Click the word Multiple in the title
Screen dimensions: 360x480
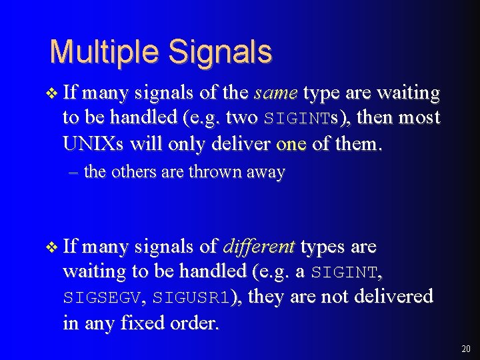pyautogui.click(x=106, y=51)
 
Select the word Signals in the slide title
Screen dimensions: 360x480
pyautogui.click(x=221, y=51)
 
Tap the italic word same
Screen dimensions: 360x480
pyautogui.click(x=275, y=93)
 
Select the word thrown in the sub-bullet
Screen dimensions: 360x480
pyautogui.click(x=215, y=172)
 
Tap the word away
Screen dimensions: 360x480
pyautogui.click(x=266, y=172)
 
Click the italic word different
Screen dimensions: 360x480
pyautogui.click(x=259, y=247)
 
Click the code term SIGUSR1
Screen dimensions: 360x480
pyautogui.click(x=191, y=297)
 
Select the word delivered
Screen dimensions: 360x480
pyautogui.click(x=395, y=296)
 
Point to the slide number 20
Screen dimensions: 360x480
pyautogui.click(x=465, y=349)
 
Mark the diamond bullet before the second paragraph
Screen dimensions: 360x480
pyautogui.click(x=54, y=247)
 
